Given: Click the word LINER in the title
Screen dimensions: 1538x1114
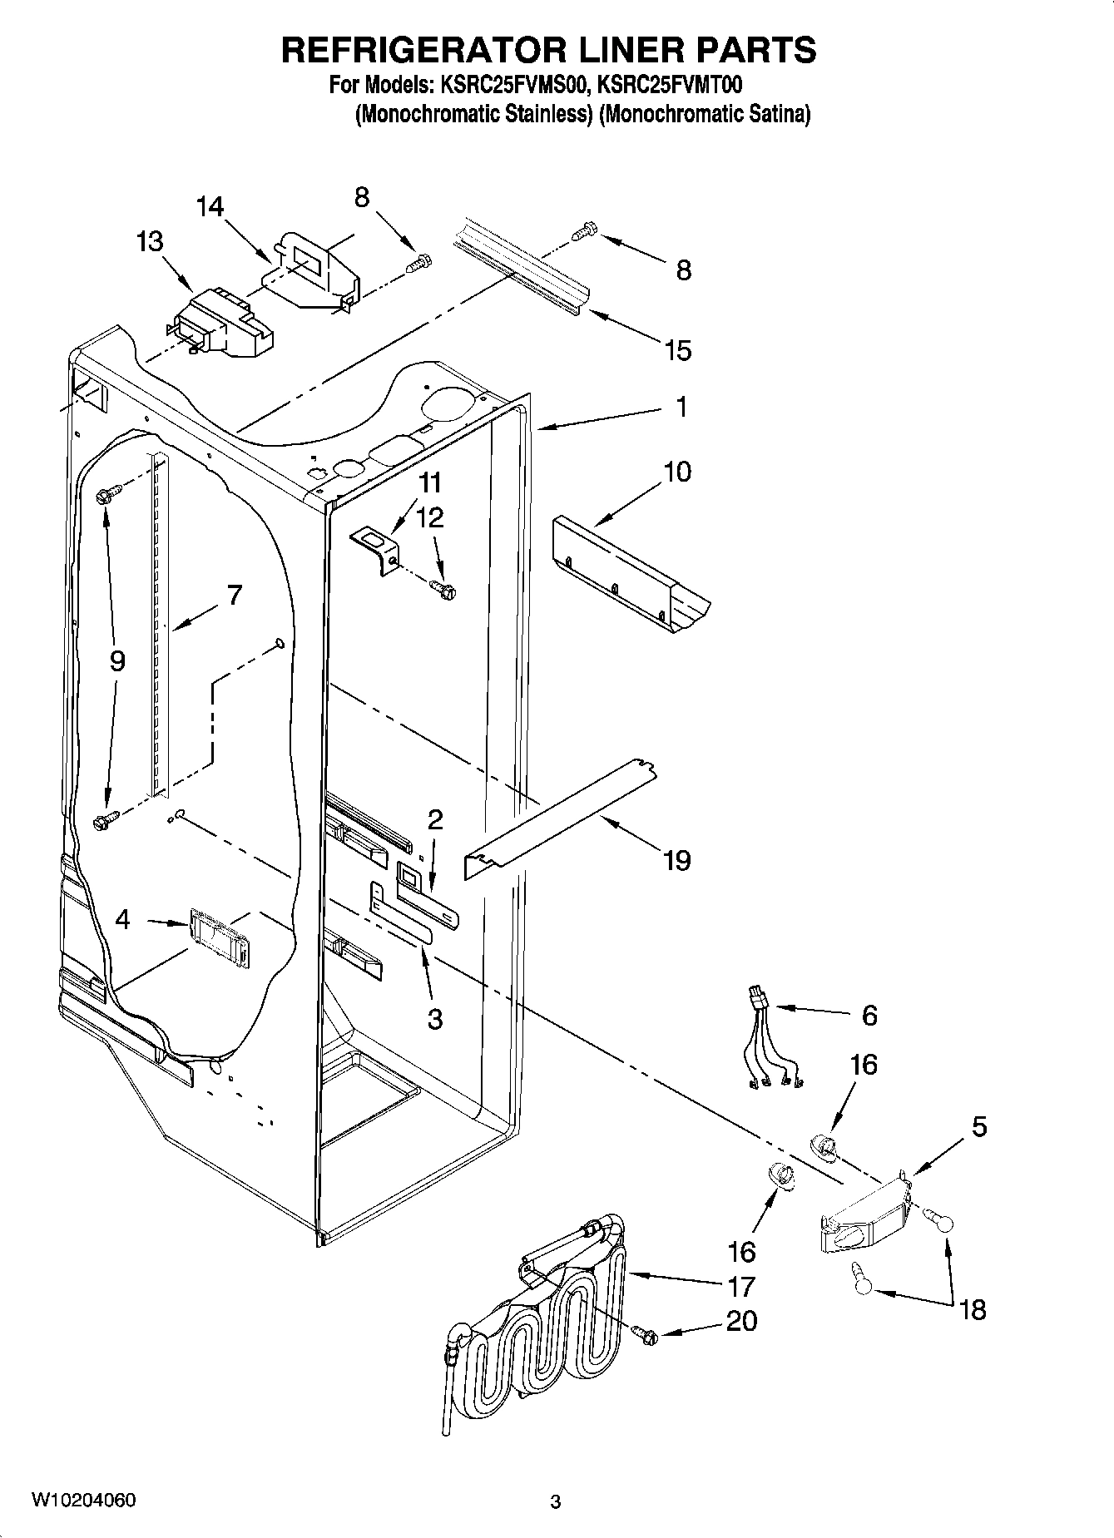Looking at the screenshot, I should [597, 50].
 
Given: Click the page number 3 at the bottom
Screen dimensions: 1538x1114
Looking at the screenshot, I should [555, 1501].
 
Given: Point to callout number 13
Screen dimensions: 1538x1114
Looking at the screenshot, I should [150, 242].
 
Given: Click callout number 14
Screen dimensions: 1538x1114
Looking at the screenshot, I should [210, 206].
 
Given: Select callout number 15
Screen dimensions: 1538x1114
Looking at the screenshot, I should [678, 350].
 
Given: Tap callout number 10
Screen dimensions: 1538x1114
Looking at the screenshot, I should [677, 472].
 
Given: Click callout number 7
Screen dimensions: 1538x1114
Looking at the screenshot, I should [235, 595].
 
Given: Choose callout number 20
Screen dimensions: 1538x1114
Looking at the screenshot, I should [741, 1321].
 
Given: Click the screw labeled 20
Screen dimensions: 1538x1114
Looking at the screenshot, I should [646, 1333].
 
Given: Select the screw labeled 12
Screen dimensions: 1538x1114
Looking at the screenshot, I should [444, 590].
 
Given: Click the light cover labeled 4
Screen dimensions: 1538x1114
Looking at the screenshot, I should [220, 937].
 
